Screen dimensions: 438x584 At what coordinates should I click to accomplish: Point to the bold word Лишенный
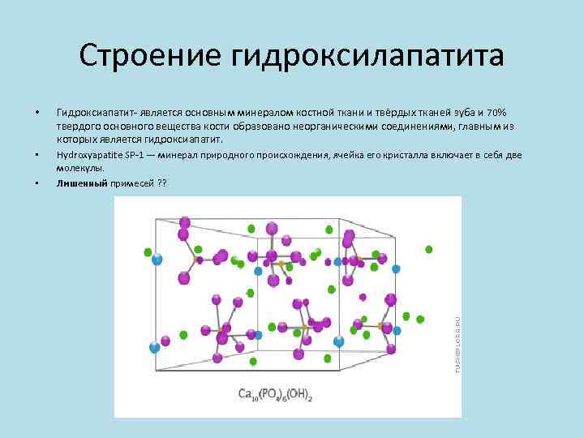click(x=82, y=183)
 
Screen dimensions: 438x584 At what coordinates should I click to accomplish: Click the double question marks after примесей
click(x=161, y=183)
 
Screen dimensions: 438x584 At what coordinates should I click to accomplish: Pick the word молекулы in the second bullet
click(x=79, y=168)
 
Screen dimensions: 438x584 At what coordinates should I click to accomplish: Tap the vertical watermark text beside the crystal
click(x=457, y=344)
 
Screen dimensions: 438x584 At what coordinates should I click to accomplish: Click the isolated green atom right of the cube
click(x=429, y=250)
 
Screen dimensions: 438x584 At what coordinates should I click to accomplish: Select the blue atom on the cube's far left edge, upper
click(x=157, y=260)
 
